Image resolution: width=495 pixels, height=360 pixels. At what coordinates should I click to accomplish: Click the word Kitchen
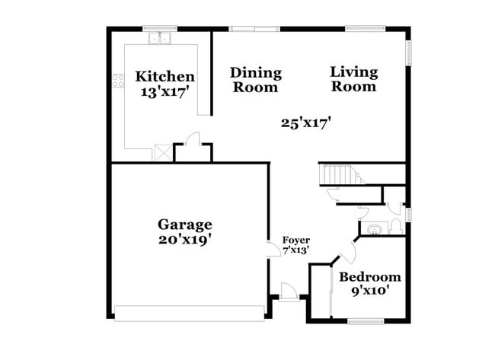164,77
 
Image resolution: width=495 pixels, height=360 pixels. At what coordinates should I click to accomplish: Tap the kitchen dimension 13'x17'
164,92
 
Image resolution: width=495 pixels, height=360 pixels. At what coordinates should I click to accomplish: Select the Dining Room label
256,80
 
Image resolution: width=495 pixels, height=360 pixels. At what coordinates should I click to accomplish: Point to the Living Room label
354,79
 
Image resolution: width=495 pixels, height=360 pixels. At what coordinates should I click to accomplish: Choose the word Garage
184,225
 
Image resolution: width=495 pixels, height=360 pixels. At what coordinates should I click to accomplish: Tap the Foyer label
295,241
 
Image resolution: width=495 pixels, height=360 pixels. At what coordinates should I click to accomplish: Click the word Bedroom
370,277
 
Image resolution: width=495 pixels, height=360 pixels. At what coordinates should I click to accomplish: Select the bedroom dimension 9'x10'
370,291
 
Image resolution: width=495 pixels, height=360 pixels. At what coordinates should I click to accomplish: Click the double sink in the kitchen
160,38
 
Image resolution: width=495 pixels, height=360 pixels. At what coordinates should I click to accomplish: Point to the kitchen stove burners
119,80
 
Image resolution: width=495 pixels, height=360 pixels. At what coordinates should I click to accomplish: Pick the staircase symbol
340,175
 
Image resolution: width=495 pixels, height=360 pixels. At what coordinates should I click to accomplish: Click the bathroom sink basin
374,228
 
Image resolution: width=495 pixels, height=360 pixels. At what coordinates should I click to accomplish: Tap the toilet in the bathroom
396,226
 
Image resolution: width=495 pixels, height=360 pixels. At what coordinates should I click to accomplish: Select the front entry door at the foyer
289,291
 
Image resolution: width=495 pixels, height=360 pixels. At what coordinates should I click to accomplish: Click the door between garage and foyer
273,250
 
